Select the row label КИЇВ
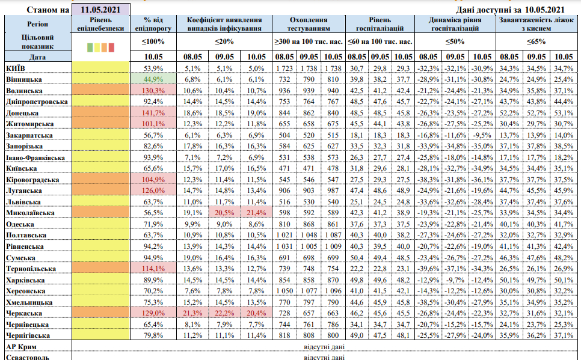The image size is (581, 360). click(14, 68)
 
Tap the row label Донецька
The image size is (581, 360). click(23, 112)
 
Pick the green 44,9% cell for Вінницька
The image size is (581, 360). click(153, 79)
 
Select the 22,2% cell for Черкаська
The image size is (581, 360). click(223, 313)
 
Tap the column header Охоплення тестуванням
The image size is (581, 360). click(309, 23)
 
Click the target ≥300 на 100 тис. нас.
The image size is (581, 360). click(309, 41)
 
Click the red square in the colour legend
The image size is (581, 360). click(112, 46)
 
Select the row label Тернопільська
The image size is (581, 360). click(31, 269)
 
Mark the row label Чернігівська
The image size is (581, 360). click(27, 335)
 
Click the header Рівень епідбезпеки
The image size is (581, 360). click(100, 23)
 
